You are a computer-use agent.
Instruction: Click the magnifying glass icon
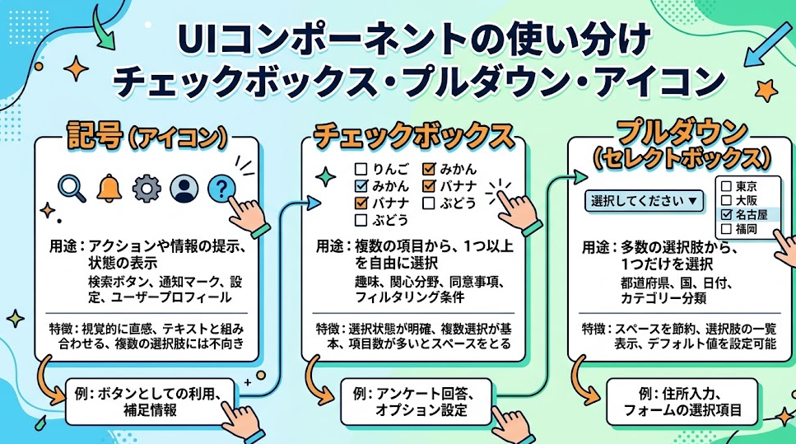tap(70, 189)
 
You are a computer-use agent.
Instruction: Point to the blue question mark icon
tap(221, 189)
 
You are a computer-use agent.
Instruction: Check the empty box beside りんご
tap(360, 170)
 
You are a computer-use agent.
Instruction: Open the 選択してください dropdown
tap(644, 200)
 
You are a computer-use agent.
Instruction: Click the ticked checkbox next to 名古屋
tap(725, 215)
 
